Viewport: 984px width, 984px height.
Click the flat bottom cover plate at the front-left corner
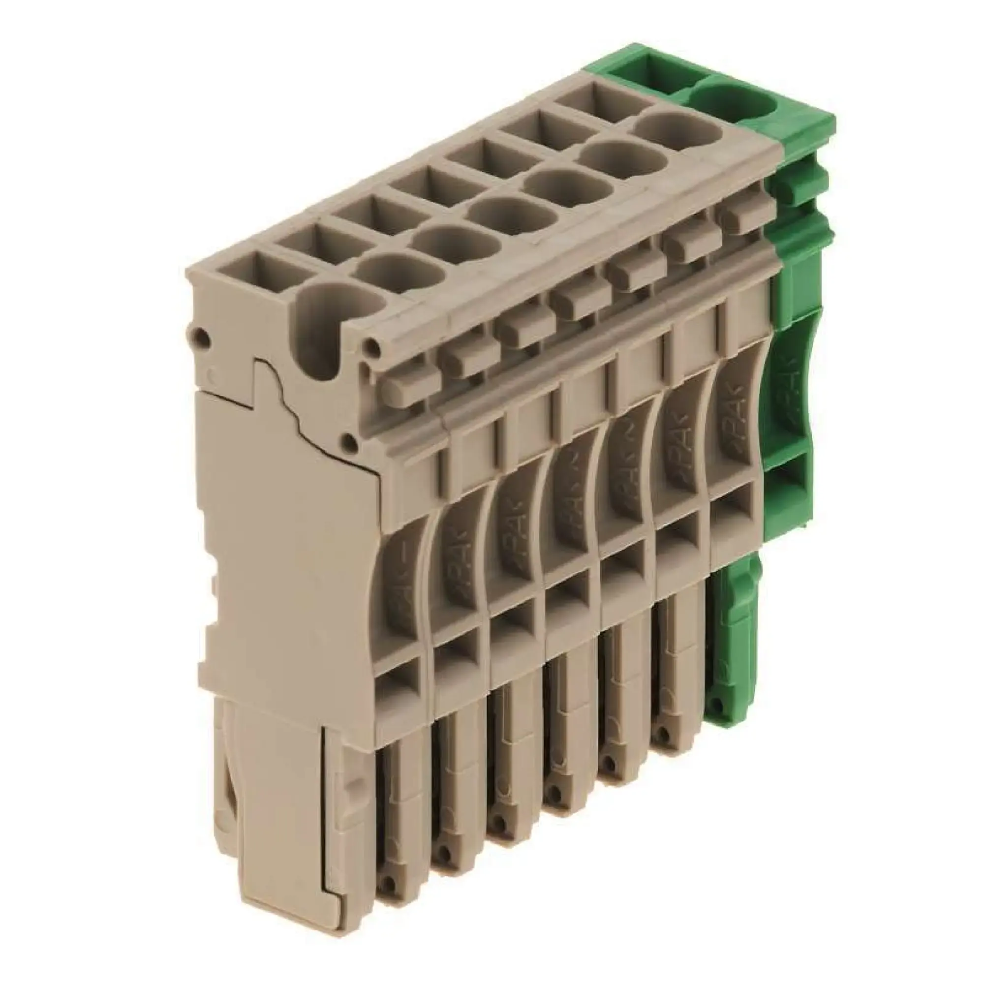(277, 835)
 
